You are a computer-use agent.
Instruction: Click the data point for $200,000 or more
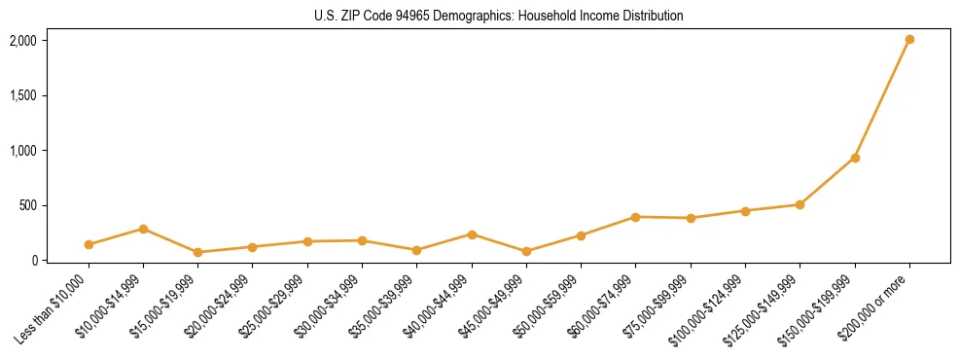point(909,40)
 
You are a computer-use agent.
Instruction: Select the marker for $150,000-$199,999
point(855,158)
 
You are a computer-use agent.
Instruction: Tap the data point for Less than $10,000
point(89,244)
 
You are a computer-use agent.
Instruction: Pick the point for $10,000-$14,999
point(143,229)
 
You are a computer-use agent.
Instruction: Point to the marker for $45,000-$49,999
point(526,251)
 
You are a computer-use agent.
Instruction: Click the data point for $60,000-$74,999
point(636,217)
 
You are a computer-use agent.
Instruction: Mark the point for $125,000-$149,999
point(800,204)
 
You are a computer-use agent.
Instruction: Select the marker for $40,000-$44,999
point(472,234)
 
